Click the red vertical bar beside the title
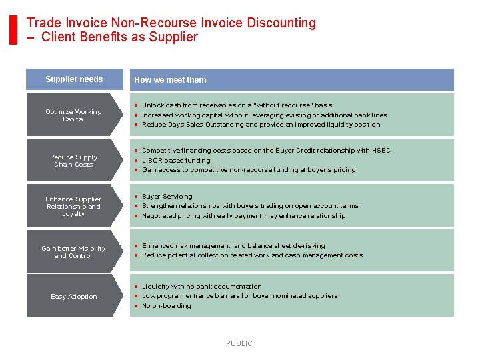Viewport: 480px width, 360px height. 13,30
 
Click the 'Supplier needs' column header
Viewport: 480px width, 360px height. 74,79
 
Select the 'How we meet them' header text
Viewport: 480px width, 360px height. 170,80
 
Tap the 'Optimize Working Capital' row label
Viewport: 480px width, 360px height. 73,115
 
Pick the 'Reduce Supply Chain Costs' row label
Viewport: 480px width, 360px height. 73,161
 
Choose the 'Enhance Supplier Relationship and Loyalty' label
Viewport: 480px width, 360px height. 73,206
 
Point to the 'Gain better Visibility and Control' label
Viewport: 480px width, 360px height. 73,252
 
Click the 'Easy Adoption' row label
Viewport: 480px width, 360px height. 73,297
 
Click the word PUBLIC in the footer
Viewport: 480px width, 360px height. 239,343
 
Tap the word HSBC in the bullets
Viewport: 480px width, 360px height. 381,151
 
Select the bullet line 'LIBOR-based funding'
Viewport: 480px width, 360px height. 176,161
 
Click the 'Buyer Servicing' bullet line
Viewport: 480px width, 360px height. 167,197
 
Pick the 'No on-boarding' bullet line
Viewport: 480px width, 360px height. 167,306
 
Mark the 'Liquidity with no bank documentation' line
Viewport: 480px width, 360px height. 202,287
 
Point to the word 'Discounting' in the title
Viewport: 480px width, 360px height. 281,23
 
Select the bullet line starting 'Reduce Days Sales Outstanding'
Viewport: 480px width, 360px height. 261,125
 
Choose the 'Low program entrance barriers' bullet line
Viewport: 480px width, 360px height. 240,296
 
